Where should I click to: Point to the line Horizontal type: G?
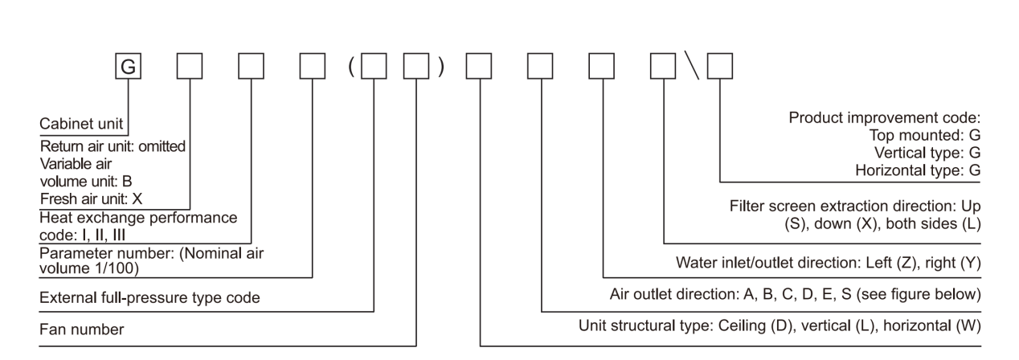[916, 170]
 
